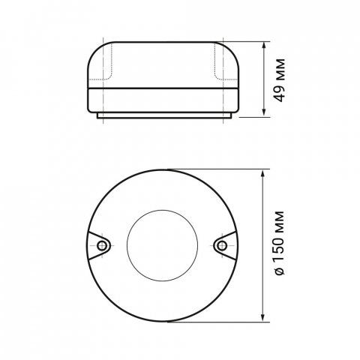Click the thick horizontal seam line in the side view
(x=161, y=88)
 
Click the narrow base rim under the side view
(x=161, y=115)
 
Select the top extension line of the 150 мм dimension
(x=217, y=168)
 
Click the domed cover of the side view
(x=161, y=60)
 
